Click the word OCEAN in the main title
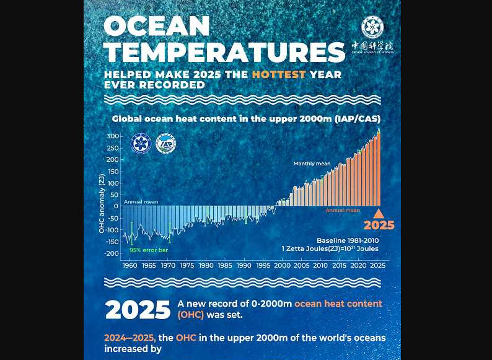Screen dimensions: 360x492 157,26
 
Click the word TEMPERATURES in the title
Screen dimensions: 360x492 224,52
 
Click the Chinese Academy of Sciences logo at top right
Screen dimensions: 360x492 372,28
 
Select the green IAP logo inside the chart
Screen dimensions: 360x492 166,144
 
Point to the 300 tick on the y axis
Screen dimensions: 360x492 112,136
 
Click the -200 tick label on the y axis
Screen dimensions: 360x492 111,253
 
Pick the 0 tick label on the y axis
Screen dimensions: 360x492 116,206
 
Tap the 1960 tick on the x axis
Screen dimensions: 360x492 130,265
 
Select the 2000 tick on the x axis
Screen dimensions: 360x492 283,265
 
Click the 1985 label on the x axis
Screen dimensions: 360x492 226,265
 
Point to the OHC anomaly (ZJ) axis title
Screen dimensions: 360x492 102,203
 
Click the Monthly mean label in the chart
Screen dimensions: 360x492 312,164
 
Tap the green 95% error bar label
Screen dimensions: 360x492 149,250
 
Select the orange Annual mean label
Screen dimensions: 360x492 343,211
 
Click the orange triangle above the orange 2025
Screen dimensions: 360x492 379,213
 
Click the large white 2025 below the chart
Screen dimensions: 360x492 137,309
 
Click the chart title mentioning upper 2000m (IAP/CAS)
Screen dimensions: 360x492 246,118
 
